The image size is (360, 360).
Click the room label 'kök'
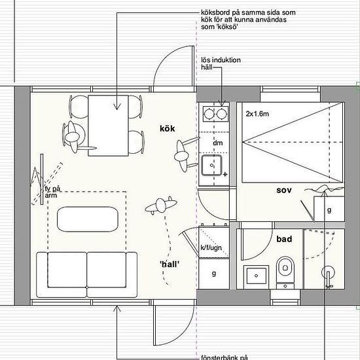168,128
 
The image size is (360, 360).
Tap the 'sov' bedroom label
284,190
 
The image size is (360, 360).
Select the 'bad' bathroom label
284,239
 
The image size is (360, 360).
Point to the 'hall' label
170,264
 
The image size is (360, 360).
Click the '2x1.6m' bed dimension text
257,114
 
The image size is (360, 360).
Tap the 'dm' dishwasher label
218,143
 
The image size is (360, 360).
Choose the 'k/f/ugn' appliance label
211,247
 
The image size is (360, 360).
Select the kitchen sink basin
211,166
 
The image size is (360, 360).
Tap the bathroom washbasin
256,276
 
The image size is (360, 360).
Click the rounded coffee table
88,219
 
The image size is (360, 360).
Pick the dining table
108,126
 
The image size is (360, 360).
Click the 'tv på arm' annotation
52,192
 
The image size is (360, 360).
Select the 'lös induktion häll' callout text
221,63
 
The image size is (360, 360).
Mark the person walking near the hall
161,205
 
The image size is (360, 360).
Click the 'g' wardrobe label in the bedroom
329,210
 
